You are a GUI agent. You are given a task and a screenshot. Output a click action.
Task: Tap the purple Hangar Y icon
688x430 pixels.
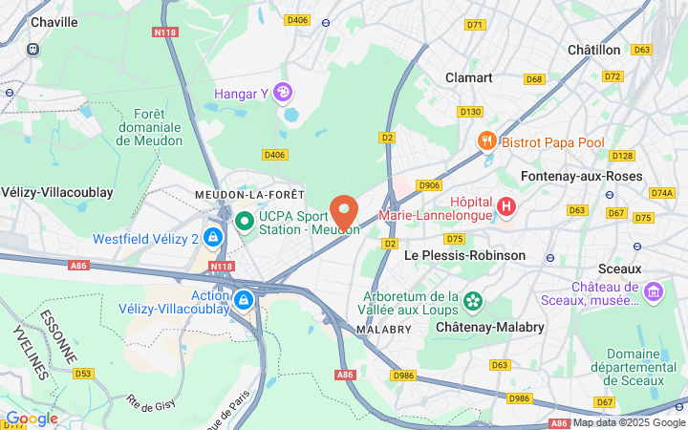click(283, 92)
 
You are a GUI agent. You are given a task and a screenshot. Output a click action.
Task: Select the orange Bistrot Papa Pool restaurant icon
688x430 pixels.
click(487, 141)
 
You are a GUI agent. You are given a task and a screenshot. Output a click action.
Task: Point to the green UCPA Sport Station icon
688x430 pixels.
click(245, 221)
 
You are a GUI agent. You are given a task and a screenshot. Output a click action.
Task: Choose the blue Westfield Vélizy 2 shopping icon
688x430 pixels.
click(212, 237)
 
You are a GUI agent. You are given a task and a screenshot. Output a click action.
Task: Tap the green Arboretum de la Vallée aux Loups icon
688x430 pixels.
click(472, 301)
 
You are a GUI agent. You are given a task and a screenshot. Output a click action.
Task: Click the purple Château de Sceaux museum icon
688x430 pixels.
click(654, 290)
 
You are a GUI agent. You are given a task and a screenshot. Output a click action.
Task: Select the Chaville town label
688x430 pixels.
click(54, 21)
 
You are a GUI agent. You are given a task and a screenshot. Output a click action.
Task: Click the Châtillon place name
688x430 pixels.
click(593, 49)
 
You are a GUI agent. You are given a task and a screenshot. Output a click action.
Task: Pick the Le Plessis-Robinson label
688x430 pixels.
click(465, 255)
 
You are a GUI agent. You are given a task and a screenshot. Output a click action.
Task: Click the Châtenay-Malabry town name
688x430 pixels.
click(490, 327)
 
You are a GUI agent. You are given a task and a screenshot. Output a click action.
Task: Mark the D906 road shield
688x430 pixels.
click(429, 185)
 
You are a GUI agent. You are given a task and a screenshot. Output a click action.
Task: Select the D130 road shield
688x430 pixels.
click(470, 112)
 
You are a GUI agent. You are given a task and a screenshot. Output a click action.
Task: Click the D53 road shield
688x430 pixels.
click(84, 373)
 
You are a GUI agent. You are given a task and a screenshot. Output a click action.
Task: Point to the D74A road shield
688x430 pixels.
click(661, 192)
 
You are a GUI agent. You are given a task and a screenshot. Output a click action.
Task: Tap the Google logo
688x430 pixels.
click(32, 418)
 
